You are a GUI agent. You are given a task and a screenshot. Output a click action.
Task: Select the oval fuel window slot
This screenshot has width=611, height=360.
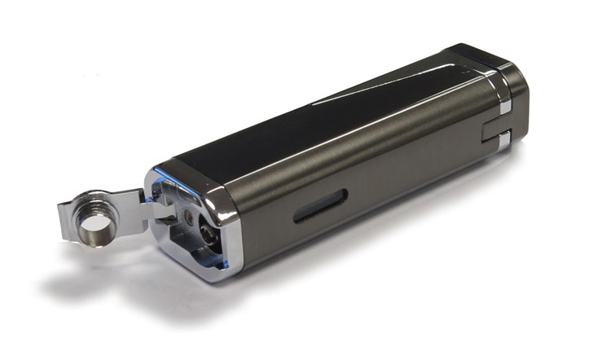pos(320,205)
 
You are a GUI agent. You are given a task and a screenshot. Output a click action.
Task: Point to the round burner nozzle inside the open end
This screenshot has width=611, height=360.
pos(203,231)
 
